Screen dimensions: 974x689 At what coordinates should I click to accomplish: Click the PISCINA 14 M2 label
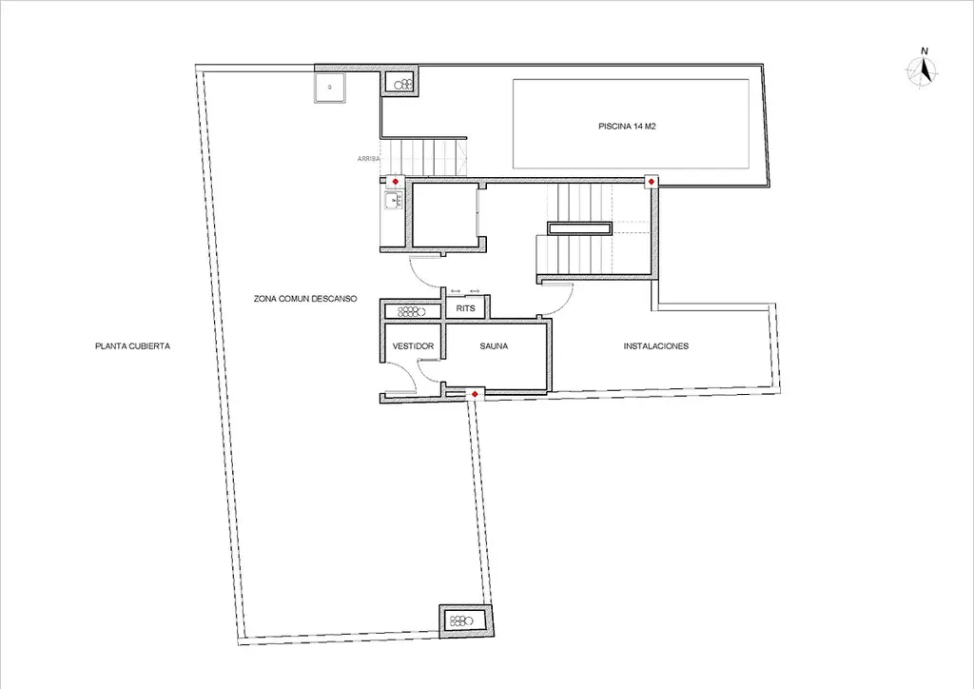pyautogui.click(x=627, y=127)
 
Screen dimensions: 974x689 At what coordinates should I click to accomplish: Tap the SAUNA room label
pyautogui.click(x=494, y=346)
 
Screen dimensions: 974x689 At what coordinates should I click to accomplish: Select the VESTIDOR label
pyautogui.click(x=413, y=346)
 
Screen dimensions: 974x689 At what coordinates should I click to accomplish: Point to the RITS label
pyautogui.click(x=465, y=308)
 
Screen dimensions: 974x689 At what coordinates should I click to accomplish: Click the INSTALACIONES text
pyautogui.click(x=656, y=346)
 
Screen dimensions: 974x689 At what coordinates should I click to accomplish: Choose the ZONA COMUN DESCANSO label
pyautogui.click(x=305, y=299)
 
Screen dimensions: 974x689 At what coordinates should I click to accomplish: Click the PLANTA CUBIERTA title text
pyautogui.click(x=132, y=346)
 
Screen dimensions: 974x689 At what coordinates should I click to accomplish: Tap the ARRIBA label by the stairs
pyautogui.click(x=368, y=159)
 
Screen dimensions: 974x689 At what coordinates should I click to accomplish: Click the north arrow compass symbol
pyautogui.click(x=923, y=69)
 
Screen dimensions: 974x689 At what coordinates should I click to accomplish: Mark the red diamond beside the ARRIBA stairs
pyautogui.click(x=395, y=182)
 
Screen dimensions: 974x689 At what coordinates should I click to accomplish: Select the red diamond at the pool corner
pyautogui.click(x=651, y=182)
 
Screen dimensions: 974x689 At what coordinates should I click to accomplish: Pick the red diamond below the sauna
pyautogui.click(x=475, y=394)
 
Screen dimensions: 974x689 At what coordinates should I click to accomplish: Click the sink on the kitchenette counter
pyautogui.click(x=393, y=202)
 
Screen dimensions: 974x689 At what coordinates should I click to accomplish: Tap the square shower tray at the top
pyautogui.click(x=330, y=88)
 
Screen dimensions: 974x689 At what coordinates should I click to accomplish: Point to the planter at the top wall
pyautogui.click(x=400, y=82)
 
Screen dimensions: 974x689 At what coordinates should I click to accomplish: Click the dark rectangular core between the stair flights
pyautogui.click(x=579, y=228)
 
